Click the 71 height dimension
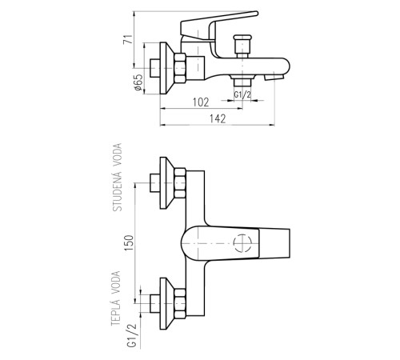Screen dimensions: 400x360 [x=128, y=39]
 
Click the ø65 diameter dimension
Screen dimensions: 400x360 [x=138, y=82]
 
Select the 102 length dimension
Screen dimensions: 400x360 [x=201, y=102]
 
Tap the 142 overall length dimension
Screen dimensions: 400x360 [x=218, y=118]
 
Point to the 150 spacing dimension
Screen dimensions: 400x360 [x=129, y=242]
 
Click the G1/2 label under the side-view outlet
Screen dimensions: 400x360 [x=242, y=94]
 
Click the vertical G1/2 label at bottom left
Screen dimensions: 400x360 [x=132, y=335]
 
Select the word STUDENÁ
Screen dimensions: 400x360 [x=118, y=190]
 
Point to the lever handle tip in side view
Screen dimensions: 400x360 [x=256, y=13]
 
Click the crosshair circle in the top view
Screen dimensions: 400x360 [x=242, y=243]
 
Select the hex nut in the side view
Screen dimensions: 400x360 [x=180, y=68]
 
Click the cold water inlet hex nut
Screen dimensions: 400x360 [x=180, y=182]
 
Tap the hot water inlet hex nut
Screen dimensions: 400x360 [x=180, y=303]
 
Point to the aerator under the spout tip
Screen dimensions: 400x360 [x=274, y=78]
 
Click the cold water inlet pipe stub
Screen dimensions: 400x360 [x=155, y=183]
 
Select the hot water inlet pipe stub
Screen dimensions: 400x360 [x=155, y=303]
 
